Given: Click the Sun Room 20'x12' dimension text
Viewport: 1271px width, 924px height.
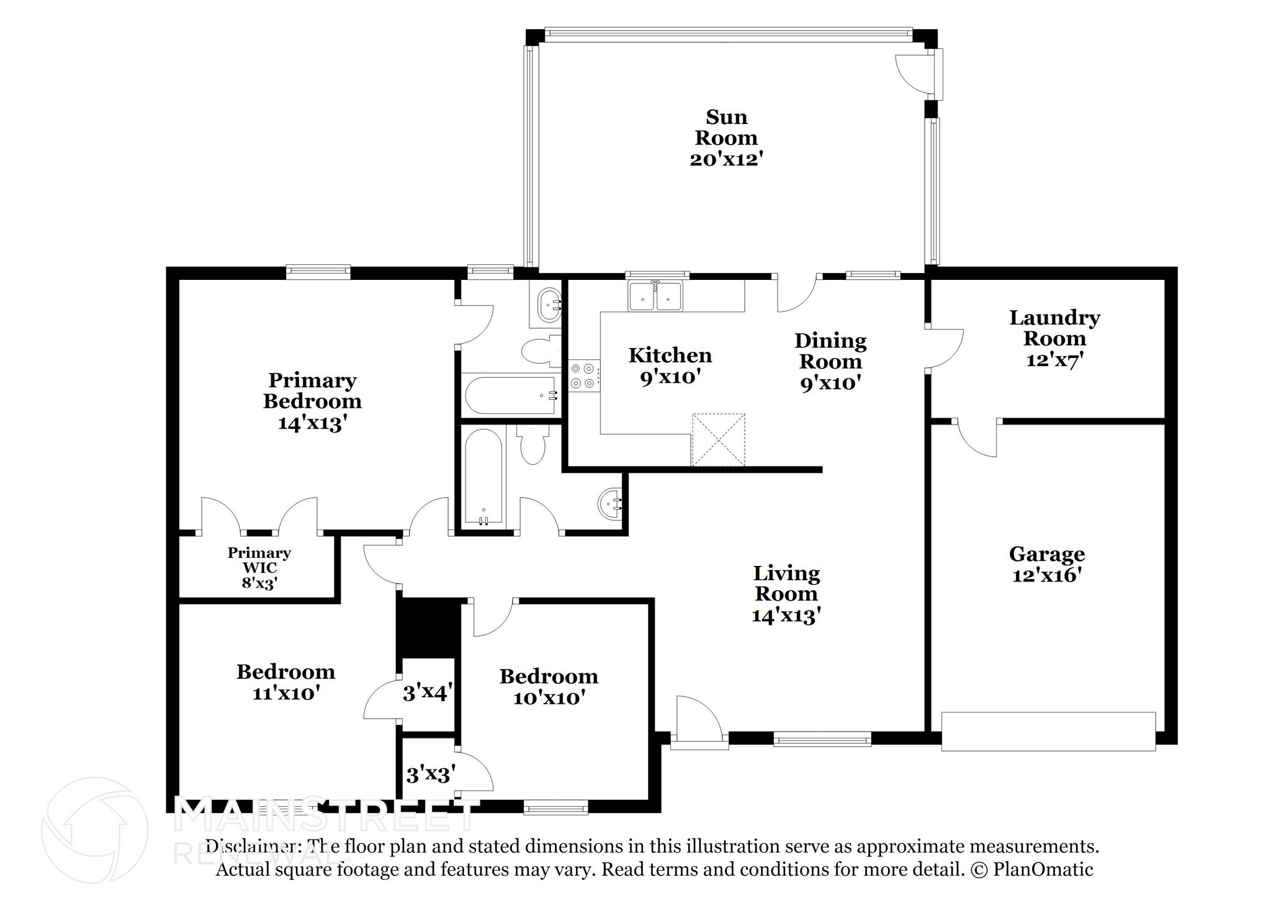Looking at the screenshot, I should pyautogui.click(x=725, y=159).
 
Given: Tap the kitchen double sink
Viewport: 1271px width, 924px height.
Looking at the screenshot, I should pyautogui.click(x=655, y=296).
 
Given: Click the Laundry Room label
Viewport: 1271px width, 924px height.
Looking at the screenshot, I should pyautogui.click(x=1054, y=328).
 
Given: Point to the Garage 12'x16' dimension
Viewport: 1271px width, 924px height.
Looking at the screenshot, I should pyautogui.click(x=1047, y=575).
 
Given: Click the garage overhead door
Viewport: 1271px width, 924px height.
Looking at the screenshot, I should pyautogui.click(x=1048, y=731).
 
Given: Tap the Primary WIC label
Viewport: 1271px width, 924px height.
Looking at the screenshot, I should pyautogui.click(x=259, y=560).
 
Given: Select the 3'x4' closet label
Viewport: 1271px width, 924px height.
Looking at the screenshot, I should pyautogui.click(x=428, y=693).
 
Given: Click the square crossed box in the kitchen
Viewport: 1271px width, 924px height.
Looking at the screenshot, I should pyautogui.click(x=718, y=439).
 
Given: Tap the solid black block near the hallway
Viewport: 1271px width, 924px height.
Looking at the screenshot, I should pyautogui.click(x=429, y=627).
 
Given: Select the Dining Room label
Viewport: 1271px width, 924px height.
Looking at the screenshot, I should pyautogui.click(x=830, y=351).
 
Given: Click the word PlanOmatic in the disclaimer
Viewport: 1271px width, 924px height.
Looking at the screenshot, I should pyautogui.click(x=1043, y=869).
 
